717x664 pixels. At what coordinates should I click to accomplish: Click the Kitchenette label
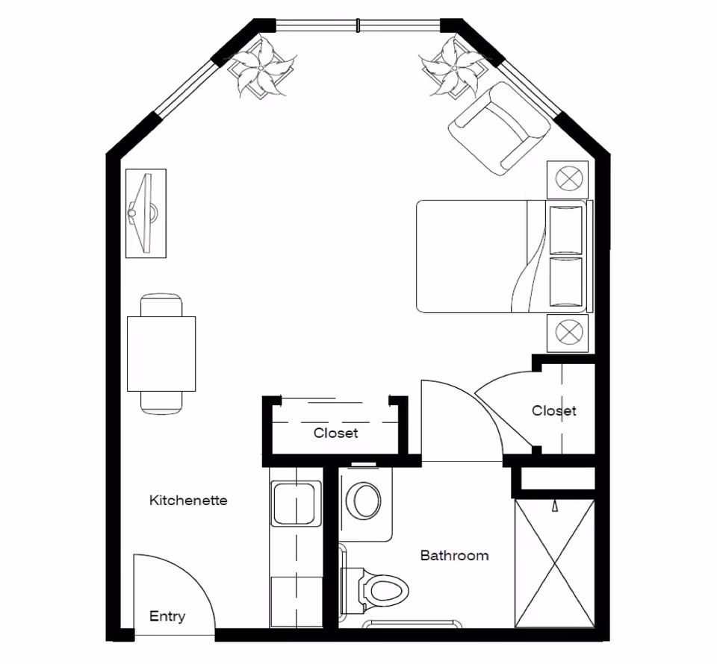point(188,500)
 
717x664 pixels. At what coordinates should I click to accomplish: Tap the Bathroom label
point(454,555)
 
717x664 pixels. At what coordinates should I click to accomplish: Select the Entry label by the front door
point(167,616)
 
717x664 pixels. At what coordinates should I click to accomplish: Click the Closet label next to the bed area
point(554,410)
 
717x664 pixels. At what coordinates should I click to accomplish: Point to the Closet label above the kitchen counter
point(335,433)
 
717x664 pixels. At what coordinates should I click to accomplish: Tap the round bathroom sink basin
point(367,501)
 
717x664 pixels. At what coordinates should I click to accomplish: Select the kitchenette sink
point(295,504)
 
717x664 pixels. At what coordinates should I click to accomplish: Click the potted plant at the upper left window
point(261,69)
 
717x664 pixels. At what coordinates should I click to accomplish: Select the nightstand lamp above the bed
point(568,179)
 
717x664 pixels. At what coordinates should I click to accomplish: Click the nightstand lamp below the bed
point(568,332)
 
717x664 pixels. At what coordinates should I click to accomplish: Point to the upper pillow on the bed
point(565,228)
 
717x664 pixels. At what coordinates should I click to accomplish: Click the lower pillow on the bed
point(565,281)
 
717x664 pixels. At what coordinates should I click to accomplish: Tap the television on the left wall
point(145,213)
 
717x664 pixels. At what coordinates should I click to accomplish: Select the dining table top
point(161,354)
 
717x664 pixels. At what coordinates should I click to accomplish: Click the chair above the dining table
point(161,305)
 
